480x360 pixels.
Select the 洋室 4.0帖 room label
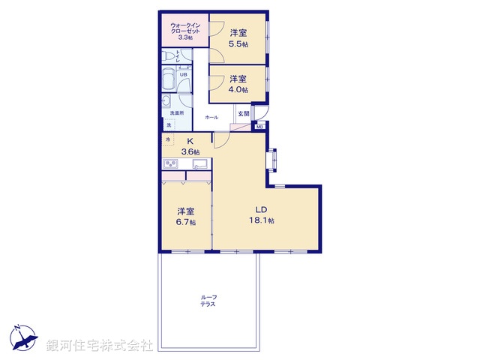(x=238, y=83)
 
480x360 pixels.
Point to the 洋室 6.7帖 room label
(x=187, y=217)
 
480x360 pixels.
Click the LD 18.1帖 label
(x=262, y=214)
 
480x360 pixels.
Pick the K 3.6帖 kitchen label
(x=190, y=146)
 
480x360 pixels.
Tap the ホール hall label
(x=211, y=117)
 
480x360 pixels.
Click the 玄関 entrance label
(x=243, y=114)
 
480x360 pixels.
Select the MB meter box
(x=259, y=127)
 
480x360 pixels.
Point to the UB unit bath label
(x=183, y=74)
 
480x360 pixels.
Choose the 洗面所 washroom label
(x=175, y=112)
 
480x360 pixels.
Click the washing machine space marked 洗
(x=168, y=125)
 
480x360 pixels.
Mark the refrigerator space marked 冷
(x=168, y=139)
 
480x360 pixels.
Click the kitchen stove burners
(x=169, y=165)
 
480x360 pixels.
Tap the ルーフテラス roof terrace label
(x=208, y=301)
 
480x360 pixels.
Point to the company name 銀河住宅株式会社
(x=100, y=345)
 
